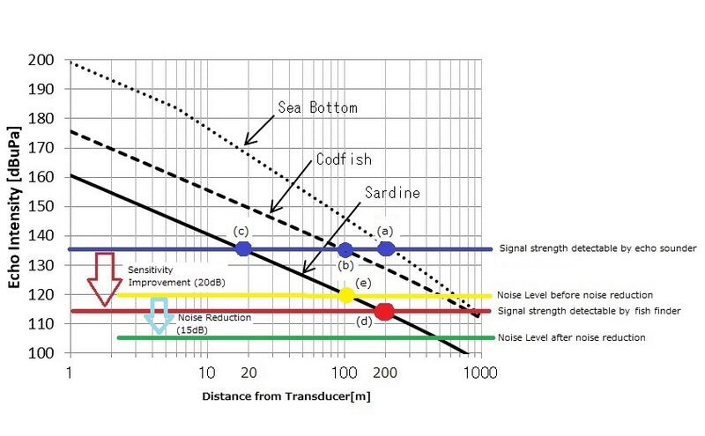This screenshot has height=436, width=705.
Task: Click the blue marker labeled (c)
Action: [243, 249]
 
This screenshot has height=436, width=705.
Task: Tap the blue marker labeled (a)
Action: [385, 249]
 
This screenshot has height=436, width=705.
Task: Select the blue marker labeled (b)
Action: [345, 250]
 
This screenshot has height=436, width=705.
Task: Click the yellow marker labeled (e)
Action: [346, 295]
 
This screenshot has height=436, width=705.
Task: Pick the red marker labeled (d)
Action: [383, 311]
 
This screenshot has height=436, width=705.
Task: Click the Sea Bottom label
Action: [317, 107]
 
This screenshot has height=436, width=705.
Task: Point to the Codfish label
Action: [344, 159]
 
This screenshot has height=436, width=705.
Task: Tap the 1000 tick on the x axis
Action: [479, 371]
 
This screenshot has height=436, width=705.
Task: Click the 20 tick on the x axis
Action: [249, 371]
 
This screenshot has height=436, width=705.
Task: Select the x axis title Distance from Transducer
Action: [286, 396]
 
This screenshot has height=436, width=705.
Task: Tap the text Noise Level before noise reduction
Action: [575, 295]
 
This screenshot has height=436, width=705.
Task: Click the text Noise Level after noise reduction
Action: [571, 337]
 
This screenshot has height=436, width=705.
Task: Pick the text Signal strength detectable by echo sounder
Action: [597, 249]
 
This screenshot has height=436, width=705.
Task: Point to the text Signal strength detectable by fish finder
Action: [594, 311]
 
